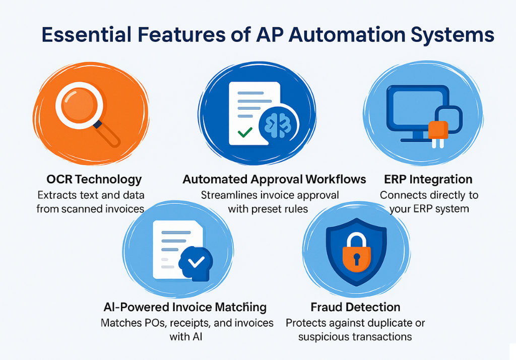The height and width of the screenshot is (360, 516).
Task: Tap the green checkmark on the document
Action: click(x=245, y=133)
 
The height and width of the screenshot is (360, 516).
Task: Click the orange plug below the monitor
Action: click(x=438, y=130)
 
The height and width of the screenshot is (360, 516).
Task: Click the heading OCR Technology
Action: click(x=94, y=179)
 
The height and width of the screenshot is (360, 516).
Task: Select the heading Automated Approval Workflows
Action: click(x=274, y=179)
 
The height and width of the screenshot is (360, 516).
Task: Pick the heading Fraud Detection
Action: click(x=355, y=307)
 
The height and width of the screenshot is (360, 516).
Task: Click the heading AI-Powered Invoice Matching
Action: click(x=184, y=307)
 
